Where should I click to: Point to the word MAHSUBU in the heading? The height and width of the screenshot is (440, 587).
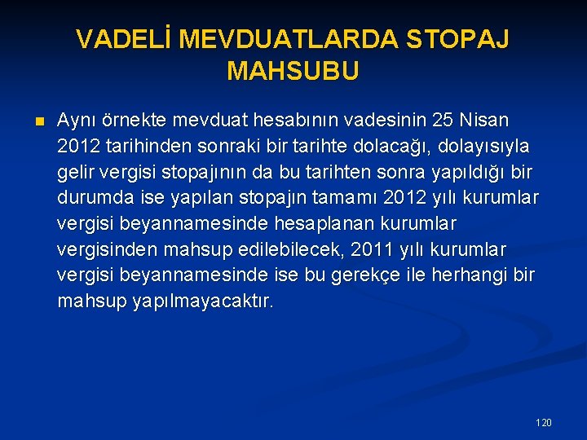pos(293,72)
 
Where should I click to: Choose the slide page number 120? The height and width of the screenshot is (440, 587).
pos(544,422)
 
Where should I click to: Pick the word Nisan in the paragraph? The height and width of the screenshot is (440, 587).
pos(485,121)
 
